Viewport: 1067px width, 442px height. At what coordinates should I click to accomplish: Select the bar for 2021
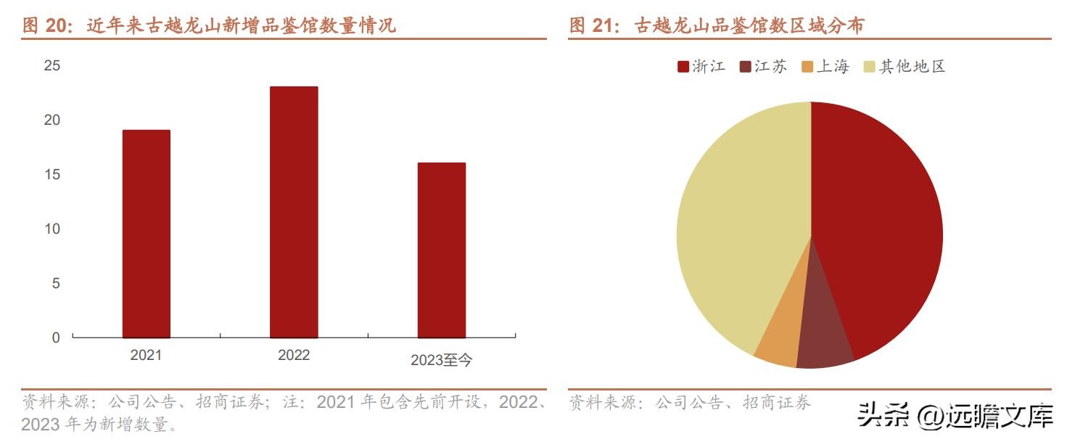[x=146, y=234]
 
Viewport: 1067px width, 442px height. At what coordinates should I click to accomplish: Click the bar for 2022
[x=294, y=212]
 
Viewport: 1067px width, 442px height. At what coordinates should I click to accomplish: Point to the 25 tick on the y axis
[x=52, y=66]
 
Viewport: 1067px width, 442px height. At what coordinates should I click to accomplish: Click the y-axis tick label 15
[x=52, y=175]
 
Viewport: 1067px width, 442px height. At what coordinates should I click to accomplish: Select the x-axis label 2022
[x=294, y=355]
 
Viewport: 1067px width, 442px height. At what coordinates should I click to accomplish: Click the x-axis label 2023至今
[x=441, y=360]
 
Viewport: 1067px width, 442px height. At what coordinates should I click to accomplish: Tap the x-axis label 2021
[x=146, y=355]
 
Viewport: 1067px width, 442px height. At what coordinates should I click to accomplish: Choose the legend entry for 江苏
[x=763, y=67]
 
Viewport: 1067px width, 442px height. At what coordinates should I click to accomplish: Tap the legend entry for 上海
[x=825, y=67]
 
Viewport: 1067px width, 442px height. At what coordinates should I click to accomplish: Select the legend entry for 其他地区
[x=905, y=67]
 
